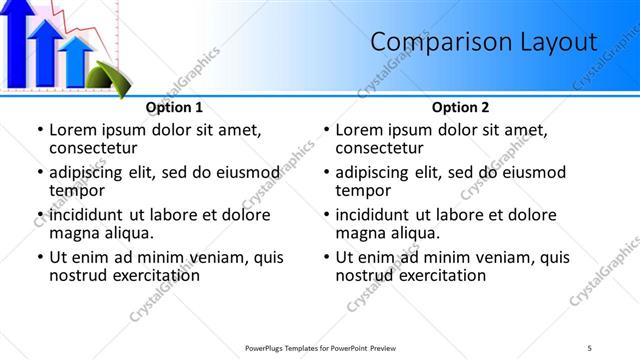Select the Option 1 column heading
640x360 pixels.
coord(174,107)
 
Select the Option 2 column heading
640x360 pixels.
coord(460,107)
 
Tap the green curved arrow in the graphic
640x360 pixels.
coord(104,76)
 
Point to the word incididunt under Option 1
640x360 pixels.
coord(89,214)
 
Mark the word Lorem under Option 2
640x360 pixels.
coord(359,129)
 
